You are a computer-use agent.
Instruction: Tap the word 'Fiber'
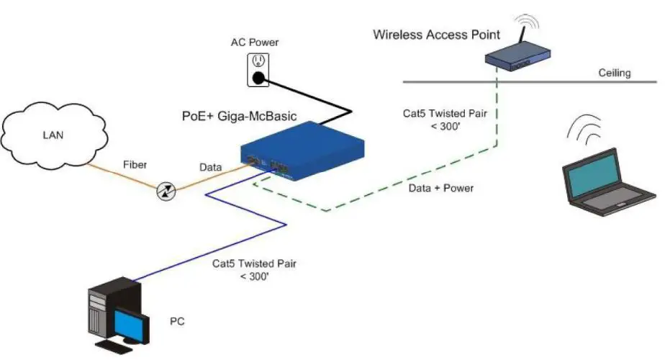pyautogui.click(x=134, y=165)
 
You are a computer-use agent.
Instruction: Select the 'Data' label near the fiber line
pyautogui.click(x=212, y=167)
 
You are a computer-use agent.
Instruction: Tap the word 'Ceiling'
pyautogui.click(x=615, y=73)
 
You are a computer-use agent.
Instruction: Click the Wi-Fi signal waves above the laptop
pyautogui.click(x=586, y=130)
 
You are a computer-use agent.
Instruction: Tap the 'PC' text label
pyautogui.click(x=177, y=320)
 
